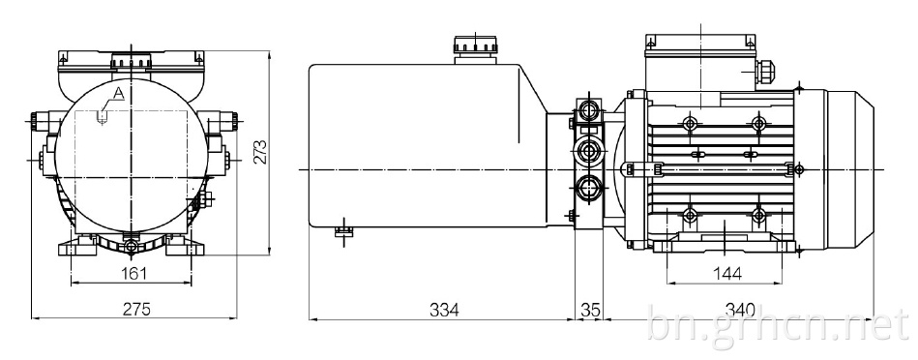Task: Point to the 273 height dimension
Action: click(262, 152)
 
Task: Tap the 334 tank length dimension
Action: click(443, 309)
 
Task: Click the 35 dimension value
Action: click(590, 309)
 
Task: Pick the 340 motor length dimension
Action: click(740, 309)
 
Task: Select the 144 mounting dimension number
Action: click(727, 273)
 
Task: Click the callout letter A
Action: click(119, 93)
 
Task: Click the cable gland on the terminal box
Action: click(763, 71)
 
